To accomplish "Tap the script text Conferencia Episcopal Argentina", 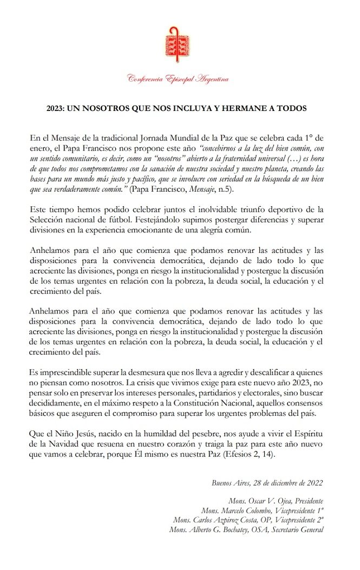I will pyautogui.click(x=178, y=79).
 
